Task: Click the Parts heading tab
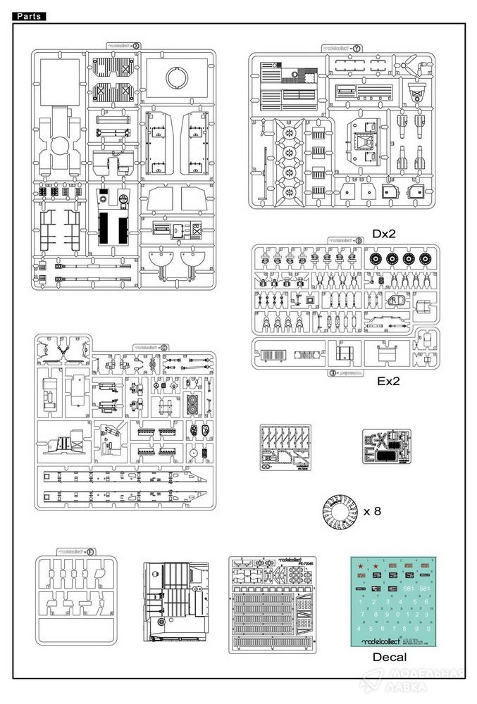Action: (29, 15)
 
